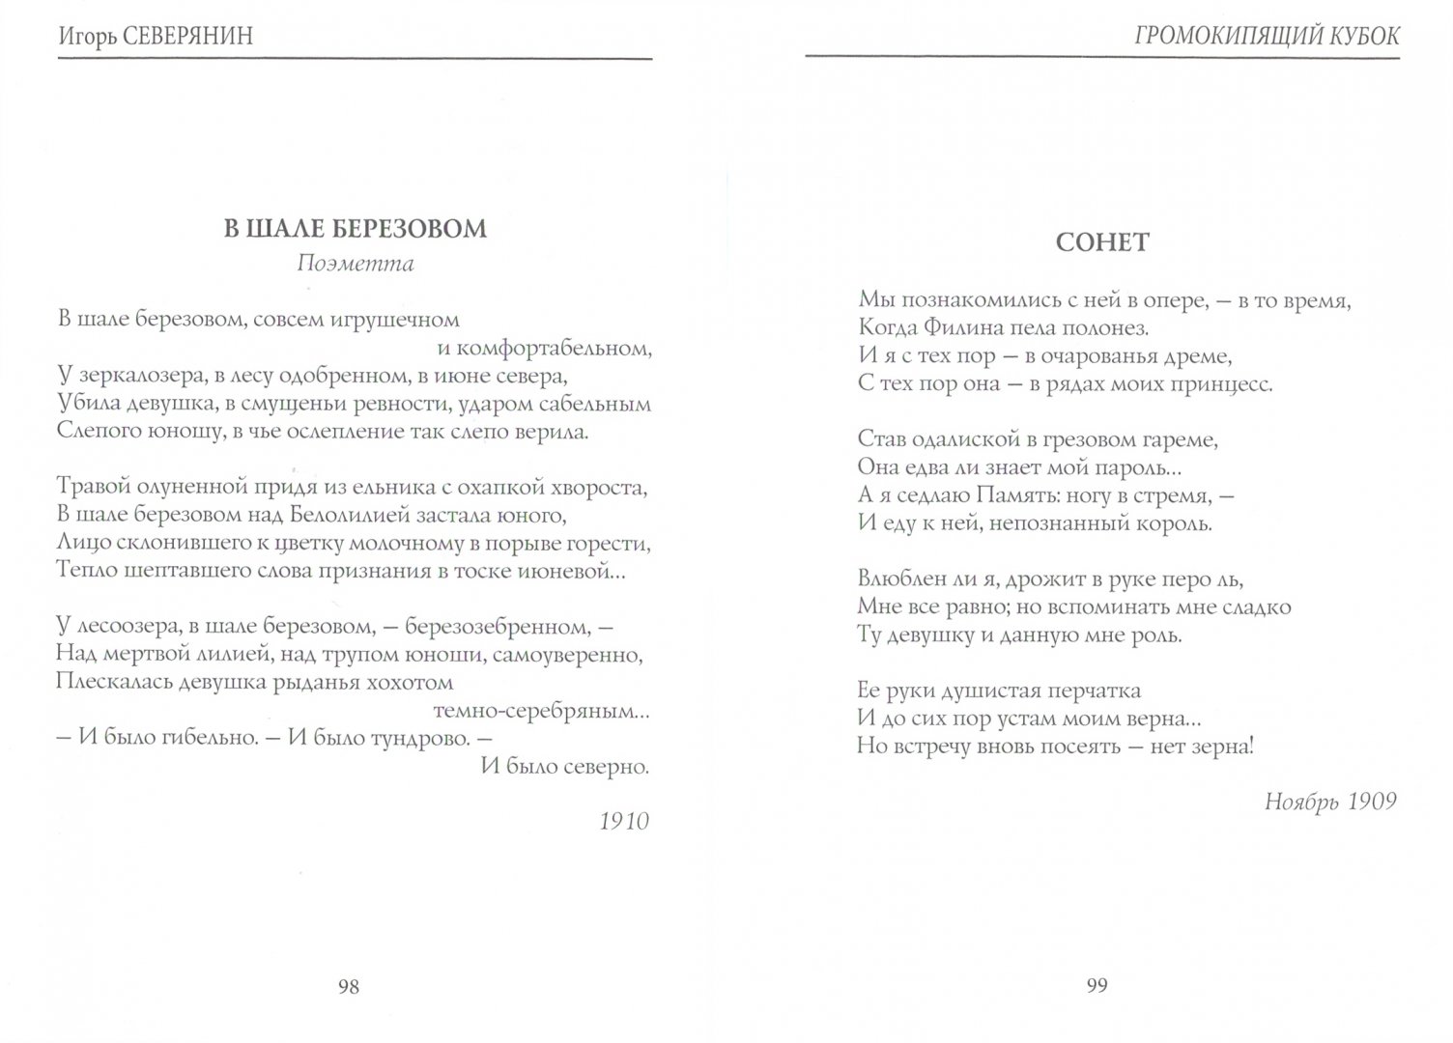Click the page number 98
click(349, 986)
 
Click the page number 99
click(1097, 986)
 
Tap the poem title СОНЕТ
click(1102, 241)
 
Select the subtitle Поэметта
click(356, 264)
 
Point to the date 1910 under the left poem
click(624, 821)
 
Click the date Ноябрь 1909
click(1330, 803)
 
